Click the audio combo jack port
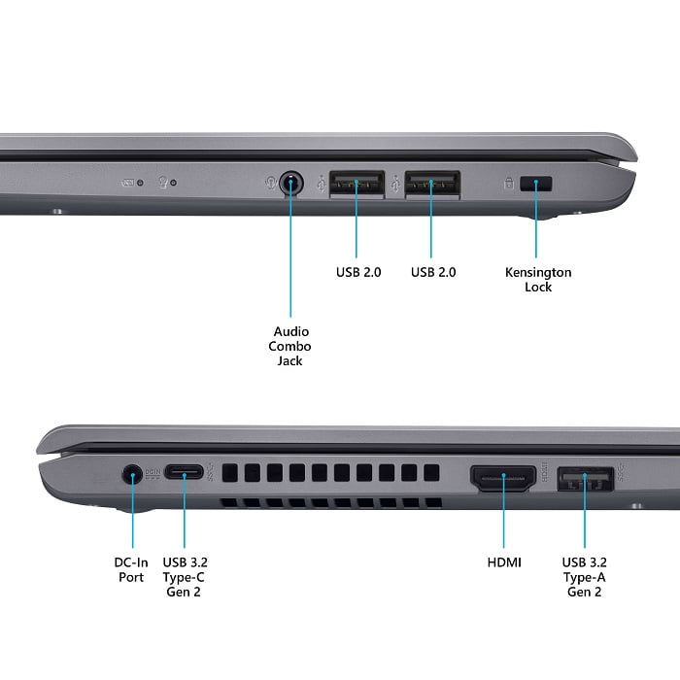tap(291, 184)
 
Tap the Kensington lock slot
tap(536, 184)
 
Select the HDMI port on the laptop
tap(503, 478)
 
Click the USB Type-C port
tap(184, 472)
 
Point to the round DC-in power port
tap(132, 475)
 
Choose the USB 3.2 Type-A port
tap(585, 479)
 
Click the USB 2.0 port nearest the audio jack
tap(357, 184)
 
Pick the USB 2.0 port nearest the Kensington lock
tap(432, 184)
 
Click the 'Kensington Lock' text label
tap(538, 280)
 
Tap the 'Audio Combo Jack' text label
tap(289, 346)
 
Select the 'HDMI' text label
tap(504, 562)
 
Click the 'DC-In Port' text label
tap(131, 570)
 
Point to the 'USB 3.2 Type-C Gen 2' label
tap(185, 577)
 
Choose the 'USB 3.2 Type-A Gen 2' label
tap(584, 577)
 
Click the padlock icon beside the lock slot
tap(509, 183)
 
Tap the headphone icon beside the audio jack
tap(271, 183)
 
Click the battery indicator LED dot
tap(140, 183)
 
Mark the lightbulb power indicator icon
tap(163, 182)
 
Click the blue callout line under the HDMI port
tap(503, 511)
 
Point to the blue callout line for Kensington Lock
tap(536, 219)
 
